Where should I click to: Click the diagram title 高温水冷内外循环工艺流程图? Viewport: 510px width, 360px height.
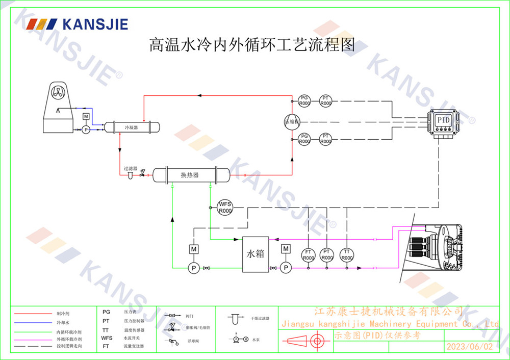tap(251, 44)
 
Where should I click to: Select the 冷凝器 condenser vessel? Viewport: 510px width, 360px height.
tap(132, 126)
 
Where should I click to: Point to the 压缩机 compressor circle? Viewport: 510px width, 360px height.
tap(292, 121)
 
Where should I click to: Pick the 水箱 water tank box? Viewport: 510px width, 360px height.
tap(256, 253)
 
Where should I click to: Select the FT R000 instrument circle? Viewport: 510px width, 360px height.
tap(308, 254)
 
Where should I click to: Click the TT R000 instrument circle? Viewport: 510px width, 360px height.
tap(347, 254)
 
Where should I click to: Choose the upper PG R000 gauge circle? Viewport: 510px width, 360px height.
tap(304, 100)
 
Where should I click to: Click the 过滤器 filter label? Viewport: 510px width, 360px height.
tap(130, 168)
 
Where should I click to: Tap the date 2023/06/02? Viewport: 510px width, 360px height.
tap(470, 346)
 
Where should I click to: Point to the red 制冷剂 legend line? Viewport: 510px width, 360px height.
tap(32, 314)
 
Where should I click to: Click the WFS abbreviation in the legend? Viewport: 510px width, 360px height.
tap(107, 338)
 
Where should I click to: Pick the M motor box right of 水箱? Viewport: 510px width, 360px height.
tap(286, 249)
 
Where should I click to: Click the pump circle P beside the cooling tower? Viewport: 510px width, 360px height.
tap(86, 130)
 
